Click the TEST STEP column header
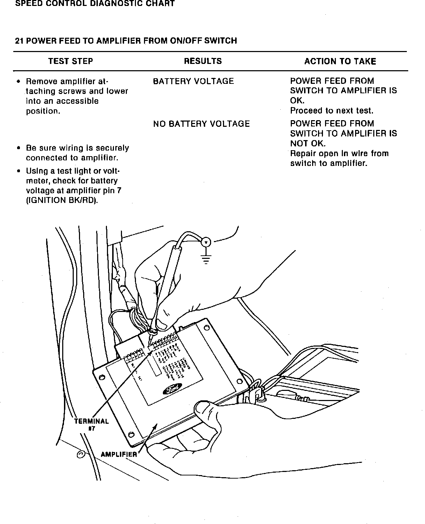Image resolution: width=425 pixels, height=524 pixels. [71, 61]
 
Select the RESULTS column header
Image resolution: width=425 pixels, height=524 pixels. [203, 61]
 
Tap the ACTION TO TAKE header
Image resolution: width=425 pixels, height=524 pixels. [340, 62]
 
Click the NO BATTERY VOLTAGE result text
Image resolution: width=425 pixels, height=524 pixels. [201, 124]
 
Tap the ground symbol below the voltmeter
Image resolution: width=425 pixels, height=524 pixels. [206, 260]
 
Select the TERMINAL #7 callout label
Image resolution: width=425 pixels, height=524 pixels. [92, 424]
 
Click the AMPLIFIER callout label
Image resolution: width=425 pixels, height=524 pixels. [119, 454]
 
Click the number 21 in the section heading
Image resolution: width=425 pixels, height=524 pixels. [19, 41]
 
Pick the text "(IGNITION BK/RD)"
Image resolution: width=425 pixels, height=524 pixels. [62, 201]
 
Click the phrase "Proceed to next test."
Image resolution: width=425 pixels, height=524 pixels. [332, 111]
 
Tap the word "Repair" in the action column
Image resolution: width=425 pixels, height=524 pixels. [303, 154]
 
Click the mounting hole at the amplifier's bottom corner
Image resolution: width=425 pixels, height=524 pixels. [131, 435]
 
